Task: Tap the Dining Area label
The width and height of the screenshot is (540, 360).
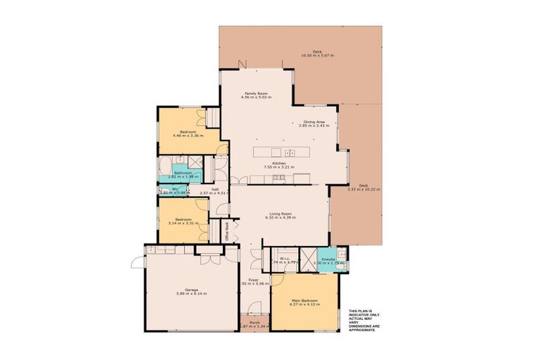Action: pyautogui.click(x=314, y=122)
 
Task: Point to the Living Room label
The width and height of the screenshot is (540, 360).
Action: pyautogui.click(x=280, y=214)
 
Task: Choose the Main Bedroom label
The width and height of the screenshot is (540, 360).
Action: pyautogui.click(x=305, y=301)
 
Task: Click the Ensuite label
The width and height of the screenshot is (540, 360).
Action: pyautogui.click(x=328, y=259)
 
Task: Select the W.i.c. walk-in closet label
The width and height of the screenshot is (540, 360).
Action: pyautogui.click(x=285, y=259)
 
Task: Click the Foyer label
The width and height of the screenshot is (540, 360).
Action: pyautogui.click(x=255, y=279)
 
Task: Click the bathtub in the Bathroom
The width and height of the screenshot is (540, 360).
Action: pyautogui.click(x=164, y=169)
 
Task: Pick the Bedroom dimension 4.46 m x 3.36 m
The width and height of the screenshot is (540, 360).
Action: pyautogui.click(x=187, y=136)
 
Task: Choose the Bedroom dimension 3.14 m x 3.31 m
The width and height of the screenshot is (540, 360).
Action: pyautogui.click(x=183, y=221)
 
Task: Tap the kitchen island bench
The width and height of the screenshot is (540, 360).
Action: pyautogui.click(x=281, y=152)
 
